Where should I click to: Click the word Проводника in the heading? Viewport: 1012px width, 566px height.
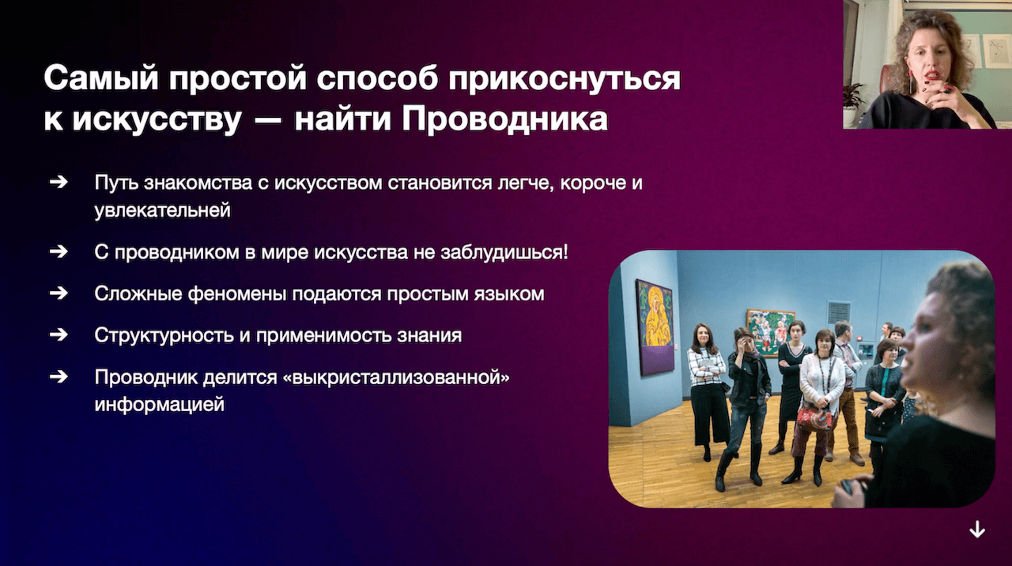505,119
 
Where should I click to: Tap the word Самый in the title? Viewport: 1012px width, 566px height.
101,78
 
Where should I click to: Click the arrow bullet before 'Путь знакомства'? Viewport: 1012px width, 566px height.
59,182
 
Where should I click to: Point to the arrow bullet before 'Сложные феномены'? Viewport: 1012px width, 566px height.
59,293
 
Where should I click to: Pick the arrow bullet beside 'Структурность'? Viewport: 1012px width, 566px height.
59,334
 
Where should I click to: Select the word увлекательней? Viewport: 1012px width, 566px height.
163,210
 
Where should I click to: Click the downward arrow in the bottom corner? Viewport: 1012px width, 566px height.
977,530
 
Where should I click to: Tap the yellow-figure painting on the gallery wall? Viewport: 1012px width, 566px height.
655,327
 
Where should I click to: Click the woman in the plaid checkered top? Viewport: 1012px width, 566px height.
707,389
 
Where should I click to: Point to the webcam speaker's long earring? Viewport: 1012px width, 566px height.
912,81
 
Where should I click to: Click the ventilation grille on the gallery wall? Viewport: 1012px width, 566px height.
839,312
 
